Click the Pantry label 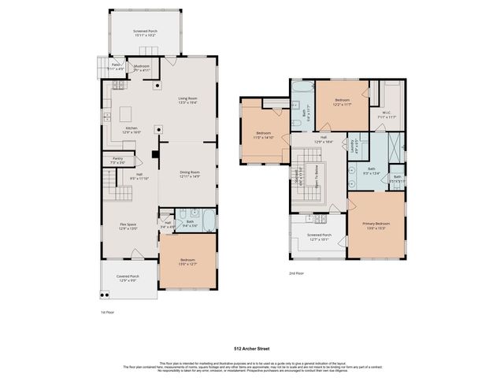pyautogui.click(x=117, y=160)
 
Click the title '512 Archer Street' pyautogui.click(x=251, y=346)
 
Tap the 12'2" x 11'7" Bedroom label pyautogui.click(x=342, y=102)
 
